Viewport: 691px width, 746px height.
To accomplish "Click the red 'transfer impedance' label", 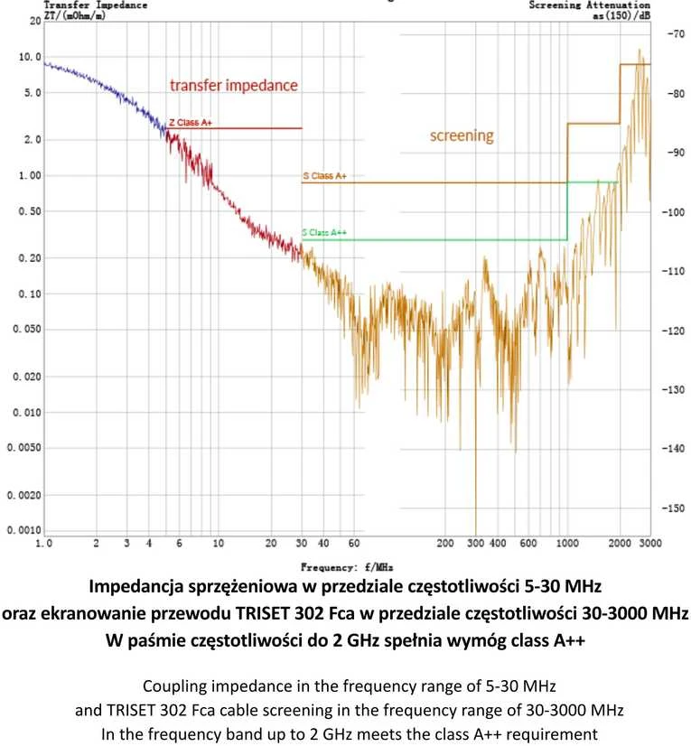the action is (234, 85).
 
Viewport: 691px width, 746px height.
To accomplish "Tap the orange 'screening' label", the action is (462, 136).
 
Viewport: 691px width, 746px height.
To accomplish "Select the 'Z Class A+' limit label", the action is (191, 123).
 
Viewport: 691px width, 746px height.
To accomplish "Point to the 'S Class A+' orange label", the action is (325, 176).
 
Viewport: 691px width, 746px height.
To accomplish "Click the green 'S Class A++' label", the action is (324, 233).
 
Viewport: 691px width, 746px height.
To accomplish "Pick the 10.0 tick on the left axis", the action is (30, 57).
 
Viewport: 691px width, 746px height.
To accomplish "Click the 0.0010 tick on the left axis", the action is (23, 530).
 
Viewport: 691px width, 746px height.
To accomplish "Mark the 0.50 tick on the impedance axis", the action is (30, 211).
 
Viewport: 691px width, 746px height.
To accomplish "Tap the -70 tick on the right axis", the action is (676, 33).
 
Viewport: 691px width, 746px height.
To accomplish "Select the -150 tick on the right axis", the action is (673, 508).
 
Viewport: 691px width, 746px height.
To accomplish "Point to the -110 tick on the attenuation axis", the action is (673, 271).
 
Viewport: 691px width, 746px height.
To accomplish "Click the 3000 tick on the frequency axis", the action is (650, 544).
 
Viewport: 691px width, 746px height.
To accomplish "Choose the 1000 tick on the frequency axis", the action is (567, 544).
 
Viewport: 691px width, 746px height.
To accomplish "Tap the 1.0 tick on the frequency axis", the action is (44, 544).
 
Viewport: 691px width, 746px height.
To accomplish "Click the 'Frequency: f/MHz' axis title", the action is (347, 567).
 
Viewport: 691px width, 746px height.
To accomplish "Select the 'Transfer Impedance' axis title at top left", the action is (96, 5).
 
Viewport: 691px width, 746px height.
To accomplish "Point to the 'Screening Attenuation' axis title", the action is (590, 5).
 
